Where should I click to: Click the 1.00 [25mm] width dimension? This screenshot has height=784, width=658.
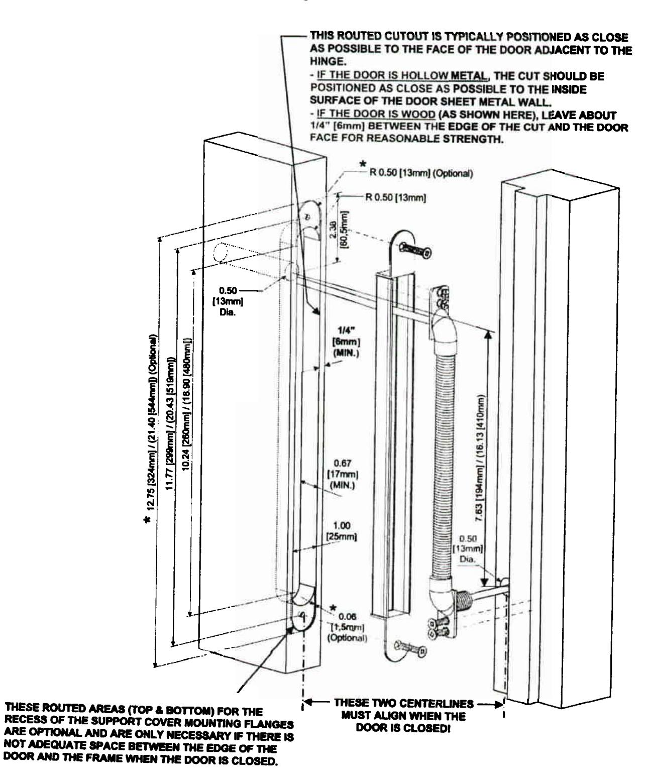click(x=344, y=531)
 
